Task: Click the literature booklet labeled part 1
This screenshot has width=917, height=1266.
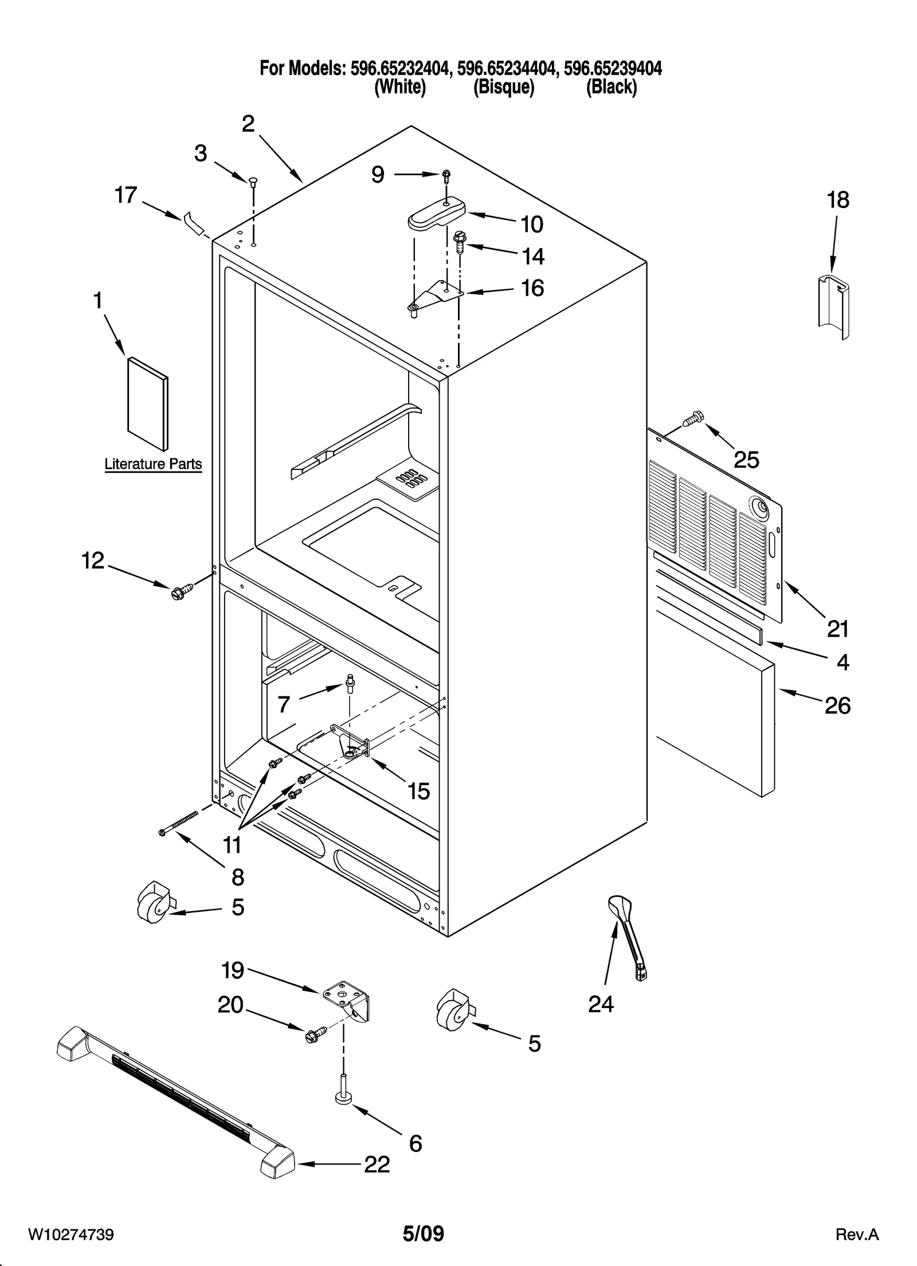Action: click(148, 403)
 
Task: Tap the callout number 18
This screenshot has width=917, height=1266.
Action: click(838, 200)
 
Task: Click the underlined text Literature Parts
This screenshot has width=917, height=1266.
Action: click(153, 464)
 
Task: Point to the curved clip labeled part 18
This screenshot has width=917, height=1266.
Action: click(834, 306)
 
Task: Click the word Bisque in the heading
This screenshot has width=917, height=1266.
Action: click(503, 88)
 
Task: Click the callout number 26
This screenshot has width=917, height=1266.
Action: click(837, 705)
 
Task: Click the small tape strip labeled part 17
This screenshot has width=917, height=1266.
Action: click(194, 223)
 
